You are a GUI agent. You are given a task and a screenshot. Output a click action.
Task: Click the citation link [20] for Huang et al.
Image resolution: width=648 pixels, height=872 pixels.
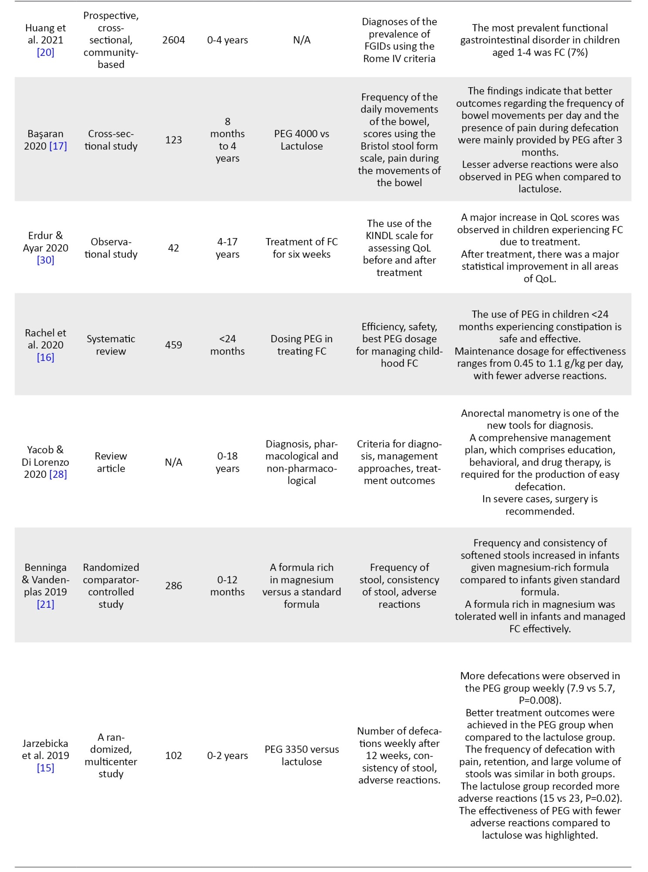point(45,52)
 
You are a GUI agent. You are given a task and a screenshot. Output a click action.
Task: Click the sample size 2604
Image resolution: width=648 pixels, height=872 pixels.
point(173,40)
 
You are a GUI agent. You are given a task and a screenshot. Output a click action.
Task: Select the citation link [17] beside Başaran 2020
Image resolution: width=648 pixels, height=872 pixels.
point(58,146)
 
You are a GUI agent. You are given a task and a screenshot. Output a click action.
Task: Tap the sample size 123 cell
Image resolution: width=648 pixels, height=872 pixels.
point(173,140)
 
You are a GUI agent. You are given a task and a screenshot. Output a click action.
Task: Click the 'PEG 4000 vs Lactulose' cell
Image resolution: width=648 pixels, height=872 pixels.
point(302,140)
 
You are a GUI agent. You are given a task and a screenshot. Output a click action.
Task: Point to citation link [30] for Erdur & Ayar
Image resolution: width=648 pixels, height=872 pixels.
point(45,260)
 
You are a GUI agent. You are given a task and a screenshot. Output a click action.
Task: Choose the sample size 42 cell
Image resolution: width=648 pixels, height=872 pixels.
point(173,248)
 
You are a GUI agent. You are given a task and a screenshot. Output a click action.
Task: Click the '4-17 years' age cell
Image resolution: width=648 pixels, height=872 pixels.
point(227,248)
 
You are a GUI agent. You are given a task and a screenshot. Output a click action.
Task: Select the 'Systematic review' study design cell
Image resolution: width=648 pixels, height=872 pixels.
point(111,345)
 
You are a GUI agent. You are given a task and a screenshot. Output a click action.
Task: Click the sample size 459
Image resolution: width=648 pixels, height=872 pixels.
point(173,345)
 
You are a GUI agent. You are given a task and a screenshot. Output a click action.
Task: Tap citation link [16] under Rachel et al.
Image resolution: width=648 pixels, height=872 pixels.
point(45,358)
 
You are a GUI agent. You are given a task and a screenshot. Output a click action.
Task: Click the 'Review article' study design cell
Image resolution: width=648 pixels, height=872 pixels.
point(111,462)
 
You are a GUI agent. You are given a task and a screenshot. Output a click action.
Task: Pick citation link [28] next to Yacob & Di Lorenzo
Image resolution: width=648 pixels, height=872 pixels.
point(58,474)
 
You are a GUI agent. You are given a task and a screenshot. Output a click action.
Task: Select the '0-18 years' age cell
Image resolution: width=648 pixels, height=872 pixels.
point(227,462)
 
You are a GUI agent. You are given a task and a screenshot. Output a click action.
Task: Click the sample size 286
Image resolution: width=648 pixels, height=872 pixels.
point(173,586)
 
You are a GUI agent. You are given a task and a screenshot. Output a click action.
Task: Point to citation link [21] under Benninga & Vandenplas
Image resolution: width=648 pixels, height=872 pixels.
point(45,604)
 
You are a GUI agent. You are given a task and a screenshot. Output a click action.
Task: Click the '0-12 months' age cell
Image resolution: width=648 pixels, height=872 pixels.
point(227,586)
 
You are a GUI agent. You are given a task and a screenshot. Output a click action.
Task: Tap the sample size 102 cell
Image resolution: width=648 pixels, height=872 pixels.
point(173,756)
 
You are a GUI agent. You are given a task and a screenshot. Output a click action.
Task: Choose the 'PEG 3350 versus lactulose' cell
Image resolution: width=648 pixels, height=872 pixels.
point(302,756)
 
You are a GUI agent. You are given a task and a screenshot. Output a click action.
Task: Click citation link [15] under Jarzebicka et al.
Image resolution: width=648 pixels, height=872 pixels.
point(45,768)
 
